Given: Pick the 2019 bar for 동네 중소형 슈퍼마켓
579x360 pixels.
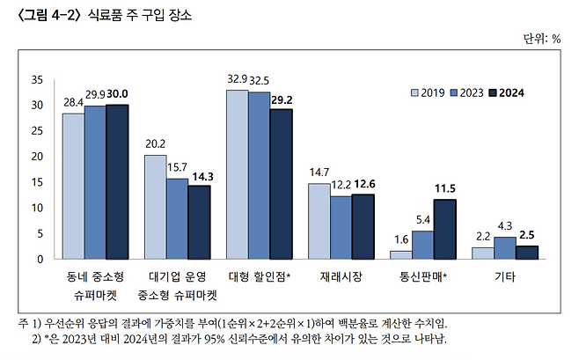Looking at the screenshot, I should (x=73, y=186).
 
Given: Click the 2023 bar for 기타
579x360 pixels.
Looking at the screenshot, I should (x=504, y=247).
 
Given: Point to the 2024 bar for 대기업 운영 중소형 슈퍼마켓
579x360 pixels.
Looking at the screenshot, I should (x=199, y=222).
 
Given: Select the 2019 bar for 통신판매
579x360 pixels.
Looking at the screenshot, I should (x=400, y=254).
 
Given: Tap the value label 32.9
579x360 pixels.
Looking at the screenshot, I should (x=238, y=79).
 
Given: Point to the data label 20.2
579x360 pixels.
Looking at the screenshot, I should (x=155, y=144).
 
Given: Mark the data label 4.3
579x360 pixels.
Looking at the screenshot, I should (x=504, y=225).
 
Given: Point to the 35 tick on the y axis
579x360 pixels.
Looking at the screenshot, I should (x=37, y=79).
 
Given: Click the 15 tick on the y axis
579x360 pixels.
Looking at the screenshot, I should (x=37, y=182).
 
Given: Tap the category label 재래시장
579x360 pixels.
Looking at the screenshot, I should (x=341, y=277).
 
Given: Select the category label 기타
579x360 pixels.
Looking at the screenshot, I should (x=504, y=277).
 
